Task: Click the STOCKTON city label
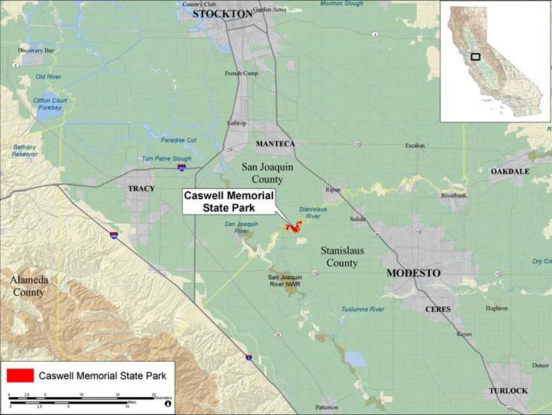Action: pyautogui.click(x=223, y=14)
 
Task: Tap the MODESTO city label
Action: pyautogui.click(x=412, y=273)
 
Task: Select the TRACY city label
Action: pyautogui.click(x=141, y=188)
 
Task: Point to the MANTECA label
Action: pyautogui.click(x=275, y=143)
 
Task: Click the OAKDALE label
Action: pyautogui.click(x=509, y=171)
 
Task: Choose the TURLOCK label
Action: pyautogui.click(x=508, y=391)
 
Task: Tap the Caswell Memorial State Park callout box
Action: pyautogui.click(x=229, y=201)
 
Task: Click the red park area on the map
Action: pyautogui.click(x=292, y=227)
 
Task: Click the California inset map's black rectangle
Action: pyautogui.click(x=475, y=56)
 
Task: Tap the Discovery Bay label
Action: pyautogui.click(x=36, y=50)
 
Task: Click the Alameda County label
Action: pyautogui.click(x=28, y=285)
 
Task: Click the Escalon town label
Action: pyautogui.click(x=415, y=145)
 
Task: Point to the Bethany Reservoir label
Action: pyautogui.click(x=25, y=150)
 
